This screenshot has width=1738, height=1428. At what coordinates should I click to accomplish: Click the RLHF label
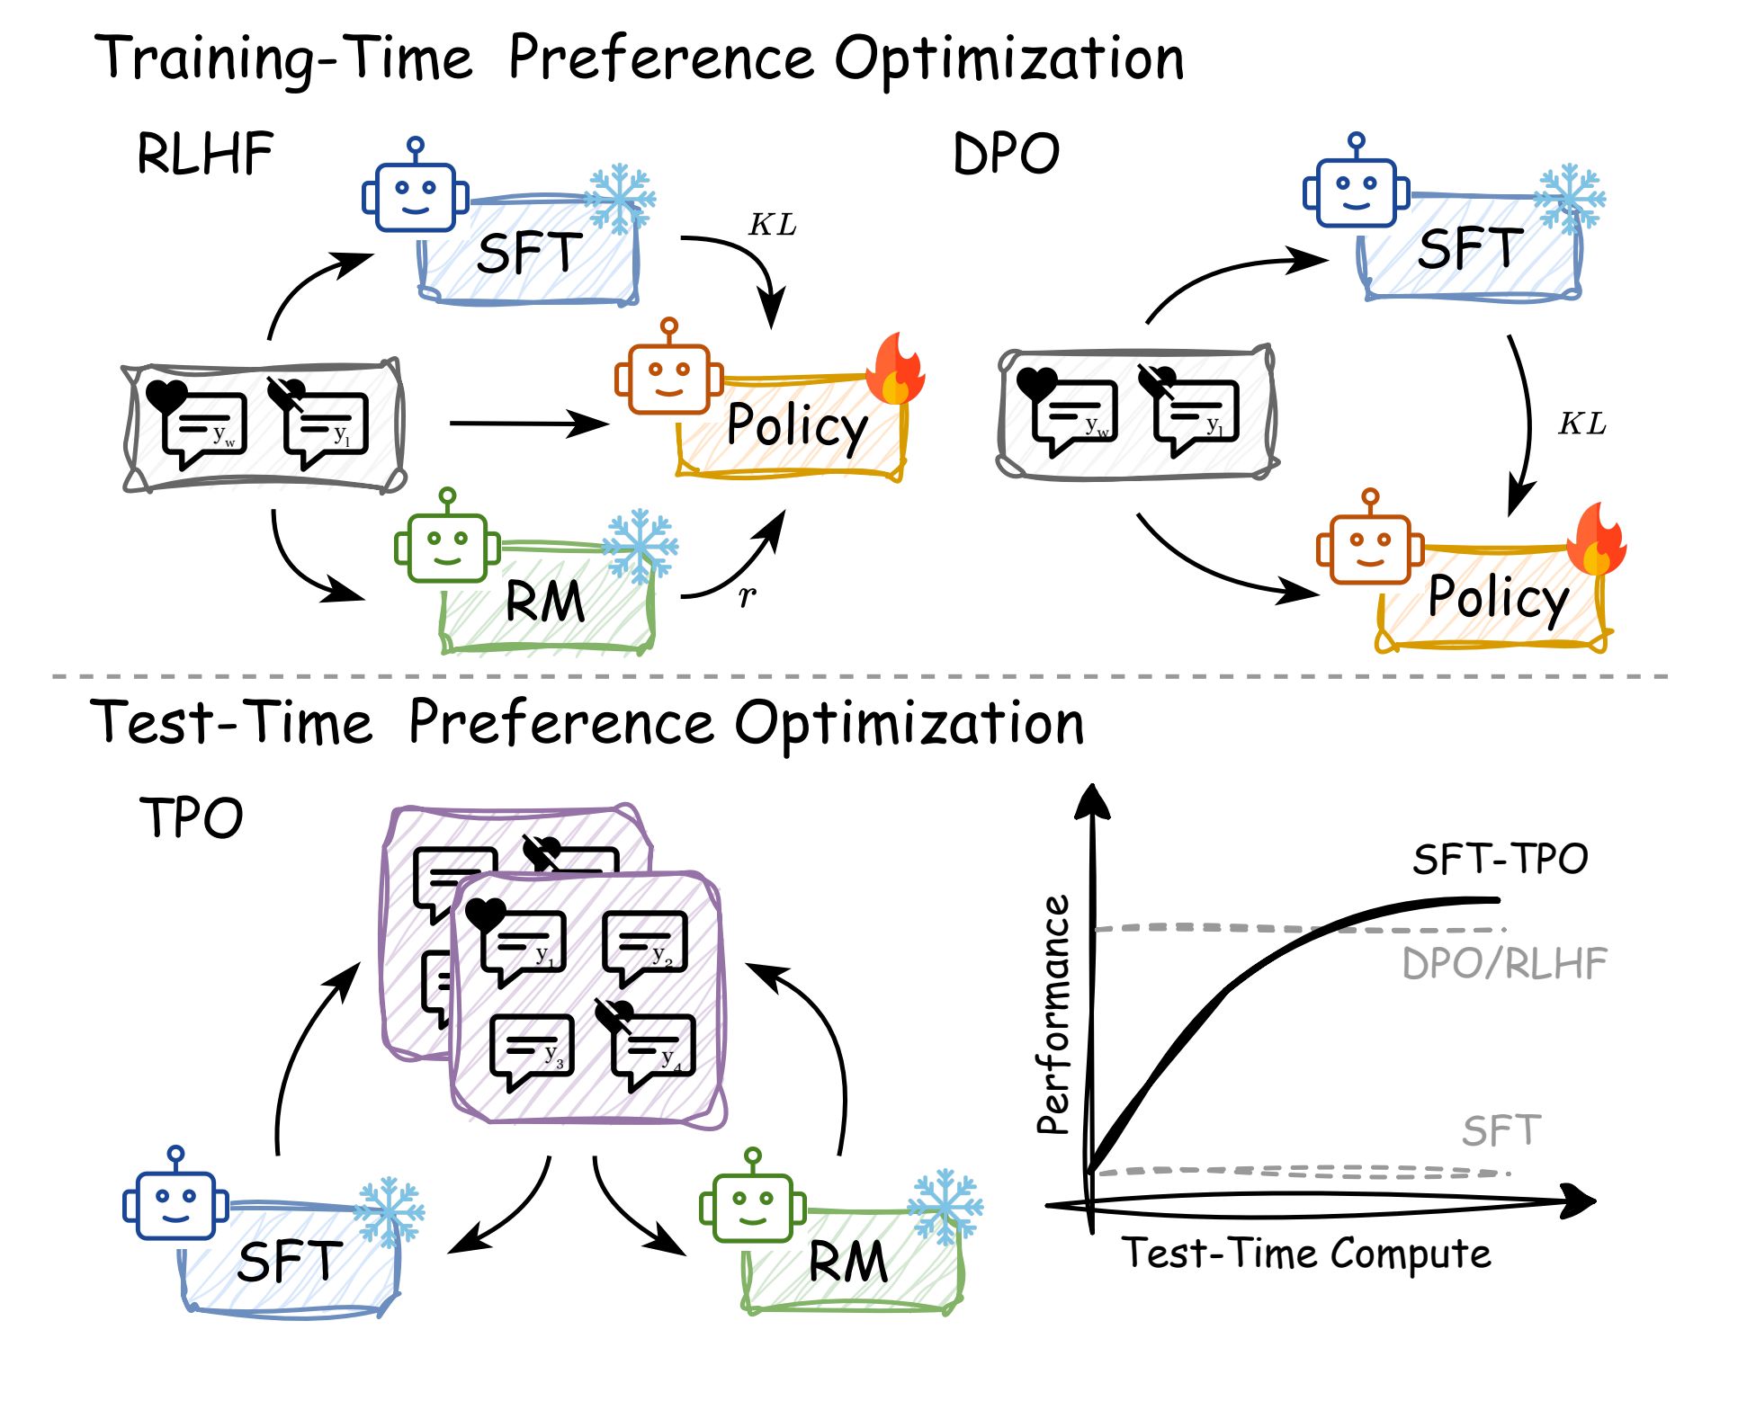[205, 154]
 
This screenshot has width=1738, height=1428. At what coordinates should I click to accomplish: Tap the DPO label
[1006, 154]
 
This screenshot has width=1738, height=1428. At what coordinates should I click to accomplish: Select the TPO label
[192, 818]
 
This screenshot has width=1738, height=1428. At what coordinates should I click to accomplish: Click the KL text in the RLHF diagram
[773, 225]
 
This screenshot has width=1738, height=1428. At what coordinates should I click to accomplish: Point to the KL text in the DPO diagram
[1582, 424]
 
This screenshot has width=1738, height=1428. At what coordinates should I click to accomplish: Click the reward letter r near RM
[747, 594]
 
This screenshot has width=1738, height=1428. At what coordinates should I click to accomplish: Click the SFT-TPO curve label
[1500, 860]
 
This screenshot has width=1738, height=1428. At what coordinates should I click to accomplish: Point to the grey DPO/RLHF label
[1504, 965]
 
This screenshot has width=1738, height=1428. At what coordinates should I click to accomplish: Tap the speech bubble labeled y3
[532, 1049]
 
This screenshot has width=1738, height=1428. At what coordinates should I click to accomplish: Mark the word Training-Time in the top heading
[283, 59]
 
